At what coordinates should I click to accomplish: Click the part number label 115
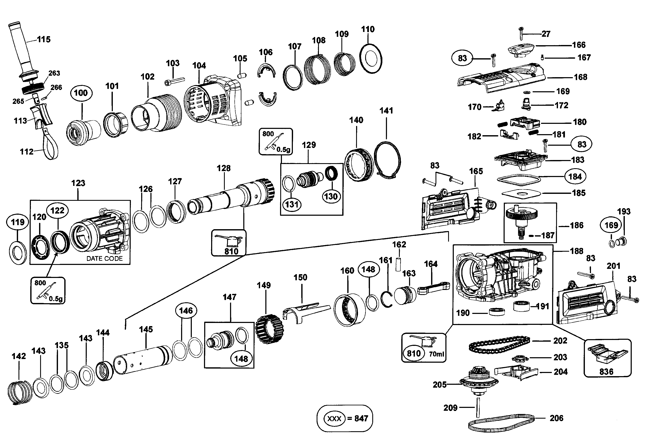pyautogui.click(x=44, y=40)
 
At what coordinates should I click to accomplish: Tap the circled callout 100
pyautogui.click(x=81, y=93)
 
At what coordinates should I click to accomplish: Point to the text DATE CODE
pyautogui.click(x=104, y=259)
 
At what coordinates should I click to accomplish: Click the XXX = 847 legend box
pyautogui.click(x=345, y=418)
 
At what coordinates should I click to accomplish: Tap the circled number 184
pyautogui.click(x=575, y=177)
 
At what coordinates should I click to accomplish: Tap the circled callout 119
pyautogui.click(x=17, y=222)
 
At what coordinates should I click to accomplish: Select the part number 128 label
pyautogui.click(x=224, y=168)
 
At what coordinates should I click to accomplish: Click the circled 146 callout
pyautogui.click(x=186, y=311)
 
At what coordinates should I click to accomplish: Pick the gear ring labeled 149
pyautogui.click(x=270, y=329)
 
